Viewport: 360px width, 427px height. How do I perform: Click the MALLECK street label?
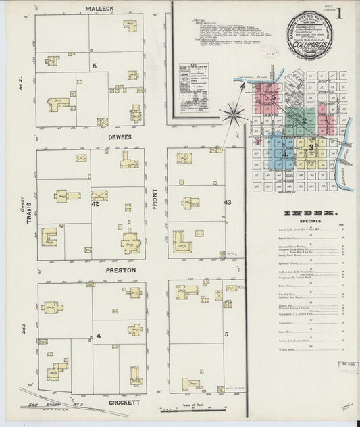click(99, 9)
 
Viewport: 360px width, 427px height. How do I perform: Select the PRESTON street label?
click(120, 270)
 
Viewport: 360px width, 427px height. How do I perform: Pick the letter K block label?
click(95, 66)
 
